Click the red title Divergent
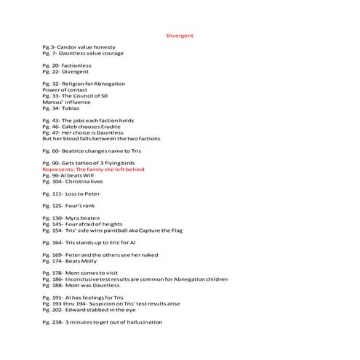[180, 35]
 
